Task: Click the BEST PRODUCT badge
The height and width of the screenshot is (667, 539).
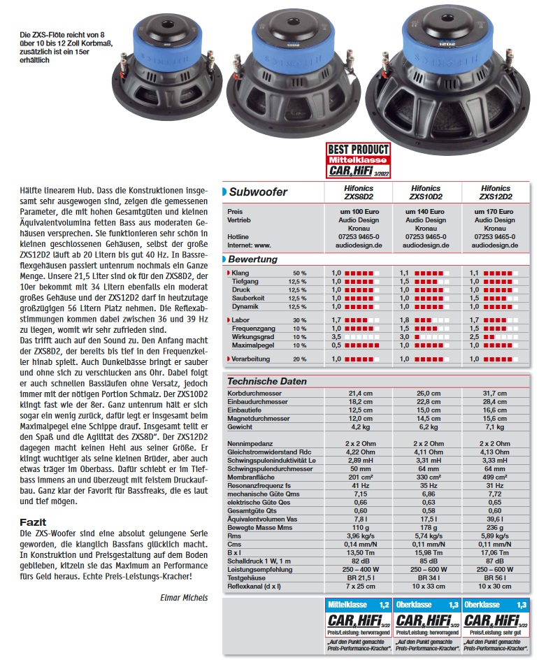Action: pyautogui.click(x=359, y=160)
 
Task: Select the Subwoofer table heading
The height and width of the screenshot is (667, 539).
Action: pyautogui.click(x=259, y=192)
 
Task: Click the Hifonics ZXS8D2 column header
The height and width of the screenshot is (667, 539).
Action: pyautogui.click(x=359, y=192)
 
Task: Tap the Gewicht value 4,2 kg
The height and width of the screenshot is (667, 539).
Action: pyautogui.click(x=359, y=427)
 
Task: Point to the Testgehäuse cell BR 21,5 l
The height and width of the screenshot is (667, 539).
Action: pyautogui.click(x=359, y=578)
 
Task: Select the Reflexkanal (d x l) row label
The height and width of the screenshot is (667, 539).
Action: pyautogui.click(x=254, y=586)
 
